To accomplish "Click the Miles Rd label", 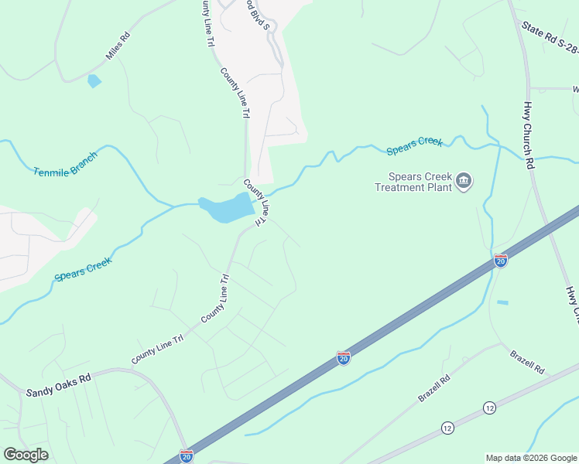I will (x=118, y=47).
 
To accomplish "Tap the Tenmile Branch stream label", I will (x=66, y=165).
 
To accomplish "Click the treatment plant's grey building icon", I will (x=464, y=182).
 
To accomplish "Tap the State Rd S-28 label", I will (x=549, y=38).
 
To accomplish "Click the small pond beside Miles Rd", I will (x=94, y=80).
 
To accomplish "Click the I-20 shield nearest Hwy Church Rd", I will (x=501, y=261).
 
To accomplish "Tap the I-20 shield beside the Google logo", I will (x=186, y=455).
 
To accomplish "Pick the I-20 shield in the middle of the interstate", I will (x=344, y=357).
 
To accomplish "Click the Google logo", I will (x=26, y=455).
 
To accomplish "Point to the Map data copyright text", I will (x=530, y=458).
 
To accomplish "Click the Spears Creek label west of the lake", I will (x=84, y=268).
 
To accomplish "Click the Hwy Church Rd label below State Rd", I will (x=529, y=136).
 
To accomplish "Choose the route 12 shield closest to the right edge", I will (x=489, y=407).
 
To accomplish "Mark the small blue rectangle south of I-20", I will (x=502, y=302).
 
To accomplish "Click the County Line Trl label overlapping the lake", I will (x=257, y=203).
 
